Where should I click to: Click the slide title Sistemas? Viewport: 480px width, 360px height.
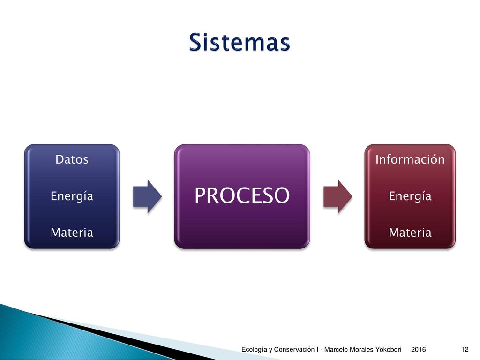[x=240, y=42]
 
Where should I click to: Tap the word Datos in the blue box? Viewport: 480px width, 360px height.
[x=72, y=159]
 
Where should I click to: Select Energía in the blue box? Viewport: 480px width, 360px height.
[x=72, y=196]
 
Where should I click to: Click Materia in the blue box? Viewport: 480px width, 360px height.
[x=72, y=232]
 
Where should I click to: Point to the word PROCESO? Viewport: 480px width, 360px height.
[x=242, y=195]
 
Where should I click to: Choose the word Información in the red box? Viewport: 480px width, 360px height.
[x=410, y=159]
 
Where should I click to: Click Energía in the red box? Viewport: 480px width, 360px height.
[x=410, y=196]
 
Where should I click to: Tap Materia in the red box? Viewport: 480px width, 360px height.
[x=410, y=232]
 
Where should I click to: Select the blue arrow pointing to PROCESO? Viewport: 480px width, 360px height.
[x=147, y=196]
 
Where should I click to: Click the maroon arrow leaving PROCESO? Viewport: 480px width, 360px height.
[x=338, y=196]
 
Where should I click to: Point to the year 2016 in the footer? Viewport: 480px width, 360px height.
[x=419, y=349]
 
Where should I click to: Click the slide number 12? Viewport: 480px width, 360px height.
[x=465, y=349]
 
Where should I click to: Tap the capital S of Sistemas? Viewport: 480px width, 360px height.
[x=196, y=42]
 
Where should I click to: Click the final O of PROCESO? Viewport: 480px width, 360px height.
[x=281, y=195]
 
